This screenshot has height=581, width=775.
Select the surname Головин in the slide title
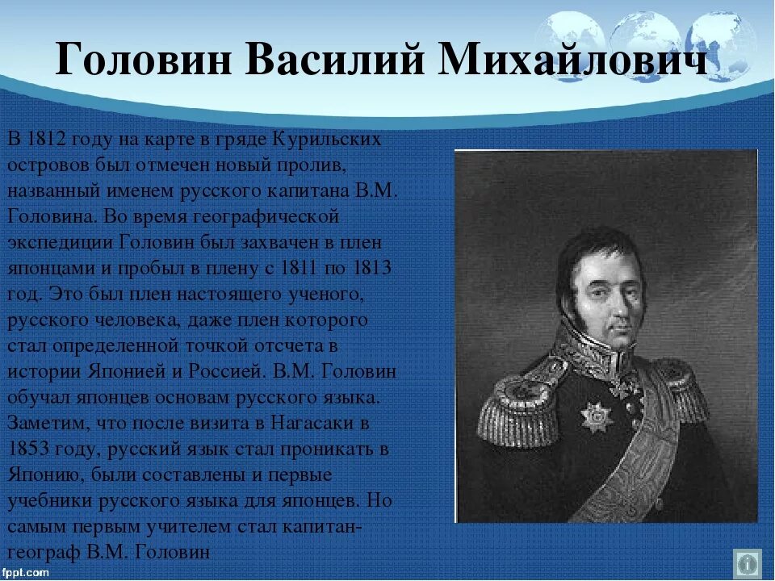(144, 58)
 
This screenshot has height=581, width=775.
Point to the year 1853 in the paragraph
(29, 449)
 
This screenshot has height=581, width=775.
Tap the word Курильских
(326, 140)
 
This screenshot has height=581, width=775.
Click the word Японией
(126, 371)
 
